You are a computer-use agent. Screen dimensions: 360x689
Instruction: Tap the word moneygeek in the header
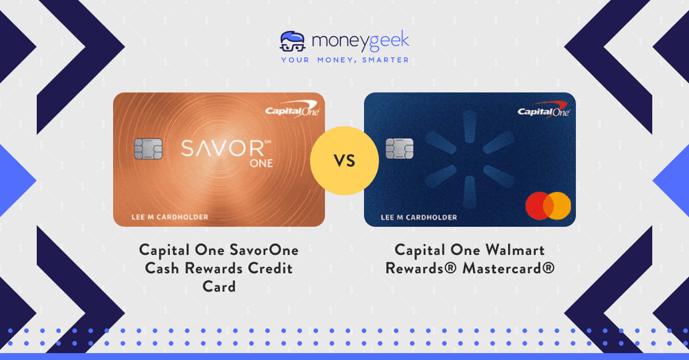(x=361, y=41)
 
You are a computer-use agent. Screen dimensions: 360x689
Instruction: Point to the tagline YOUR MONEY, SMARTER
(x=344, y=60)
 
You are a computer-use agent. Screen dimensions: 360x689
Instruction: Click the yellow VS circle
(x=344, y=161)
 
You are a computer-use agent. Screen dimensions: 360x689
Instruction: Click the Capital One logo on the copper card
(x=292, y=112)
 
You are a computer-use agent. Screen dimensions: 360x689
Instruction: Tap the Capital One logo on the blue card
(x=543, y=111)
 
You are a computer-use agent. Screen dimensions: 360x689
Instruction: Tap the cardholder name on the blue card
(x=419, y=218)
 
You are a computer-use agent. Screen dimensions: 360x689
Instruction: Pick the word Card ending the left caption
(x=219, y=286)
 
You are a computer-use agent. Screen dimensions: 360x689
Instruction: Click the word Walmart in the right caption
(x=510, y=250)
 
